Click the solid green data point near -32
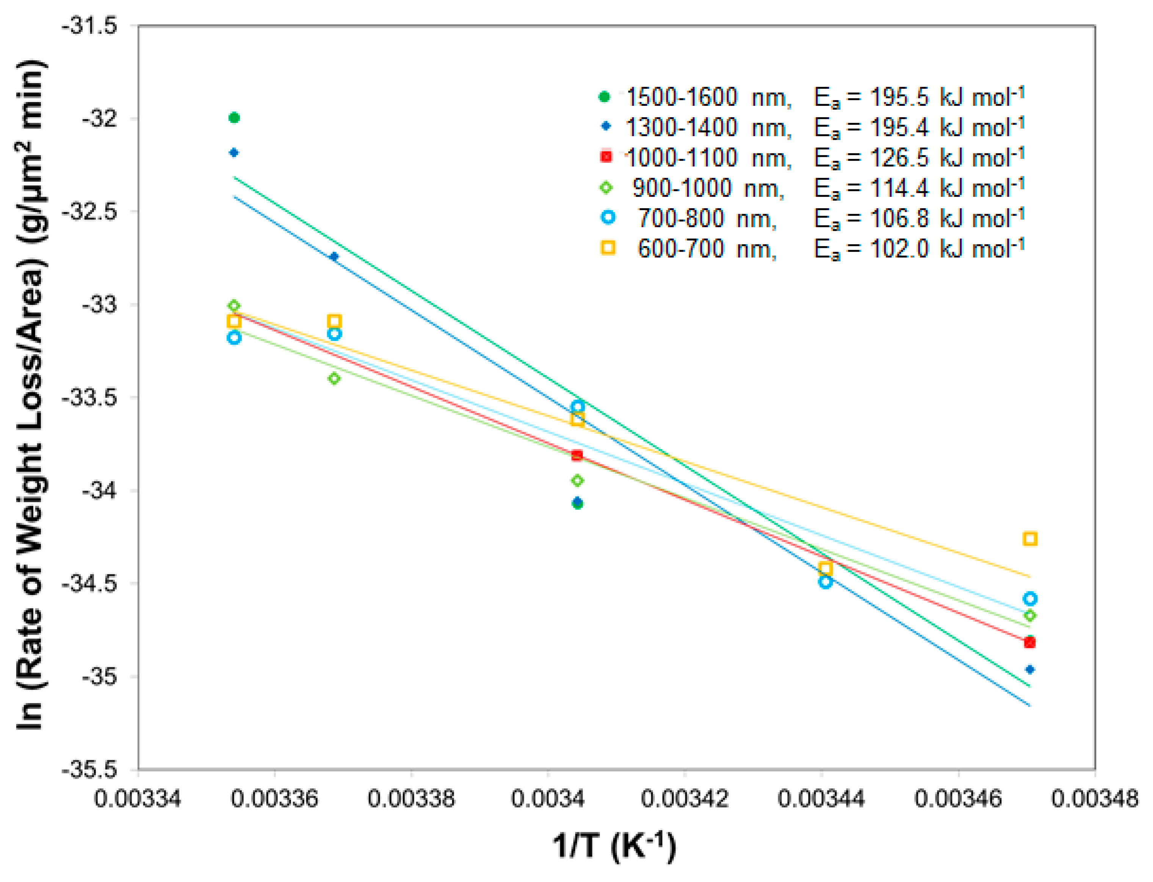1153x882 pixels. pyautogui.click(x=234, y=118)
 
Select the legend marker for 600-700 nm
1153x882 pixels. pyautogui.click(x=607, y=248)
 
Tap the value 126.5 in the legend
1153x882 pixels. pyautogui.click(x=899, y=157)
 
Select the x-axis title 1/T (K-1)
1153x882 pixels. pyautogui.click(x=614, y=846)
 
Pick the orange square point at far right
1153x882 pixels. pyautogui.click(x=1030, y=539)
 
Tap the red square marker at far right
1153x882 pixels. pyautogui.click(x=1030, y=643)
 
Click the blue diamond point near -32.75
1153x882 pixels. pyautogui.click(x=334, y=257)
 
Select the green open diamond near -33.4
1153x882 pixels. pyautogui.click(x=334, y=378)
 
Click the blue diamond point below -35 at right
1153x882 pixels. pyautogui.click(x=1030, y=669)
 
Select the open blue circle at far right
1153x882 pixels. pyautogui.click(x=1030, y=598)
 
